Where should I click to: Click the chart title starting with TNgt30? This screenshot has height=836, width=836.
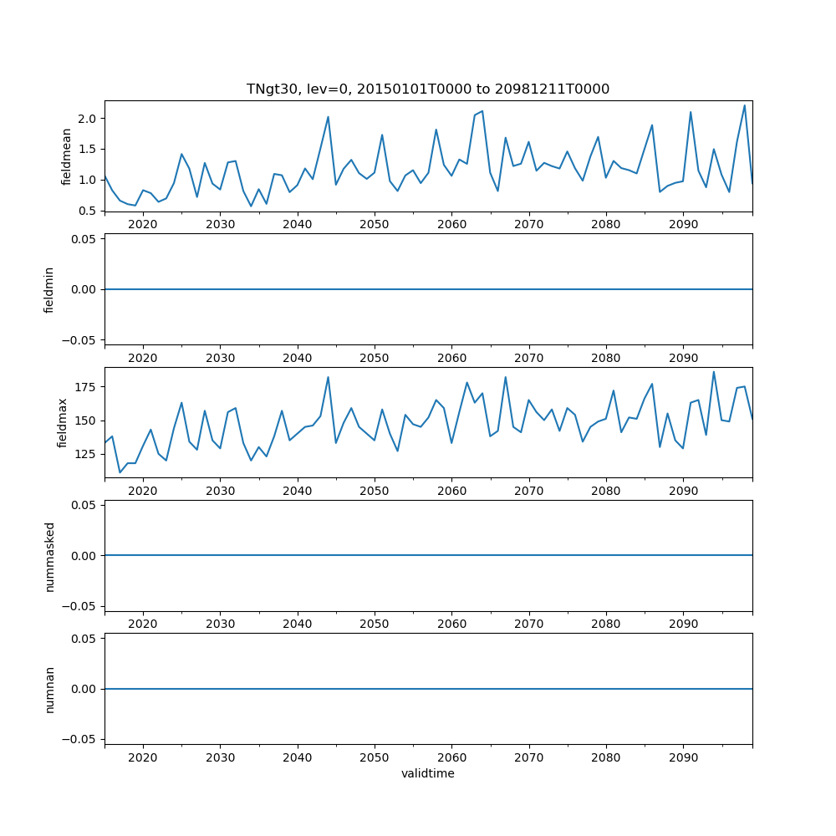coord(428,89)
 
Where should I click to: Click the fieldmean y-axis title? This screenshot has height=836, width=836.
coord(67,155)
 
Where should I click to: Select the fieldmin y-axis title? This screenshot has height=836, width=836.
coord(49,289)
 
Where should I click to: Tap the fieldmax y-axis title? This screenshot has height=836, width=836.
coord(62,422)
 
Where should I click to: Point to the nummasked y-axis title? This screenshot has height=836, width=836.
coord(49,556)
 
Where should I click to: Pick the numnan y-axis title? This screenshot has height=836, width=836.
coord(49,689)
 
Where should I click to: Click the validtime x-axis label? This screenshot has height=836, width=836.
coord(428,773)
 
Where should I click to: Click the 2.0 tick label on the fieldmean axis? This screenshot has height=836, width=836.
coord(88,118)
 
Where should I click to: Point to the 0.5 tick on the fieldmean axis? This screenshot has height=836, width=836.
coord(88,211)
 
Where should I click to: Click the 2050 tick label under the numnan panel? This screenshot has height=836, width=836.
coord(375,758)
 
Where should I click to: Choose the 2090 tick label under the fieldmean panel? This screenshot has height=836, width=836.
coord(683,225)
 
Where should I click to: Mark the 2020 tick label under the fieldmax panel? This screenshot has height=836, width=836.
coord(143,492)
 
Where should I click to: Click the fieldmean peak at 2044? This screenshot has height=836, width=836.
coord(328,117)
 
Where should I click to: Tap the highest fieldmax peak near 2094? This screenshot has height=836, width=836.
coord(713,372)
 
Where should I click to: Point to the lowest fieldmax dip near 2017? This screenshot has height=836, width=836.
coord(120,472)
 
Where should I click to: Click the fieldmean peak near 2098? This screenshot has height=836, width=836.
coord(744,105)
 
